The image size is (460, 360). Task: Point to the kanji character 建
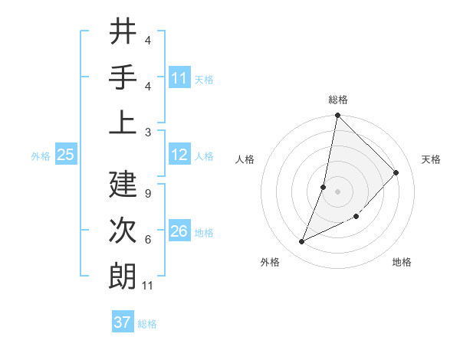123,185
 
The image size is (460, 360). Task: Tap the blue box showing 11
179,78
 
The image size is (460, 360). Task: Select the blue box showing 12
179,155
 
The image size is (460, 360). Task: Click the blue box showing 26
179,232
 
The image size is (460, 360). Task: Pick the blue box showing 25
65,155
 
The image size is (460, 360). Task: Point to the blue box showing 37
123,322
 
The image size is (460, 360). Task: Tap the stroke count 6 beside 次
148,240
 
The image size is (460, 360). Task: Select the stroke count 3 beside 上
148,132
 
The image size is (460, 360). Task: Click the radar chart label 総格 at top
338,100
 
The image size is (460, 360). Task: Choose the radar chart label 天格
432,159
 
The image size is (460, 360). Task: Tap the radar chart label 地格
402,262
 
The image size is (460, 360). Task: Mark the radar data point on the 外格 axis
302,242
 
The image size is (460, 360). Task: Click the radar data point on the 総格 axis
338,116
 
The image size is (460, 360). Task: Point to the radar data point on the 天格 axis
396,173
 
